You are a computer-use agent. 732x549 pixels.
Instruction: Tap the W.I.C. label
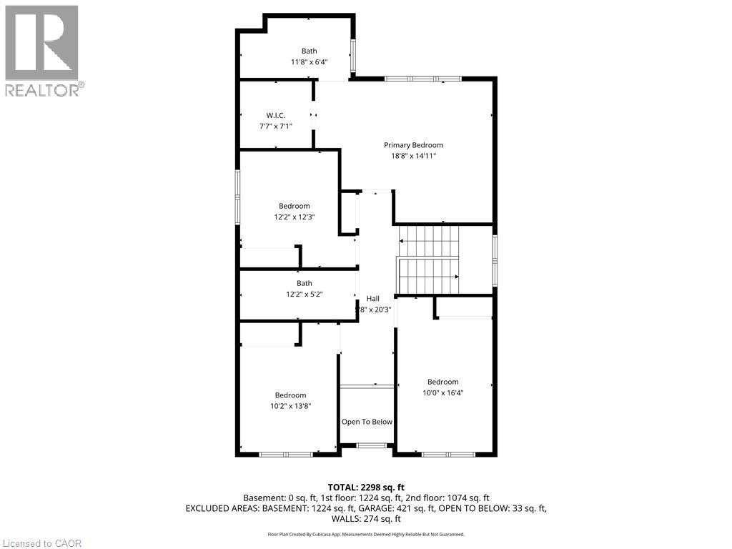tap(275, 116)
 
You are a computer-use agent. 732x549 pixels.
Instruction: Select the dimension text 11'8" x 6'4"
tap(309, 62)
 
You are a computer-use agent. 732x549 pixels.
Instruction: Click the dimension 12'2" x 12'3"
tap(294, 217)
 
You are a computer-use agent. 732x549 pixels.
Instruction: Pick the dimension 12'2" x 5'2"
tap(305, 294)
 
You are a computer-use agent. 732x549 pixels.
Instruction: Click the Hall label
tap(373, 298)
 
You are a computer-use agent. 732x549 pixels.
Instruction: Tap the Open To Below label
tap(367, 422)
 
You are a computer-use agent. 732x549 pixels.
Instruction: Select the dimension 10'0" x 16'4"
tap(442, 392)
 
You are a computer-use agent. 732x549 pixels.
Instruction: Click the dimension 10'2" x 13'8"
tap(290, 405)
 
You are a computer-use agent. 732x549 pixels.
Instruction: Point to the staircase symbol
tap(429, 260)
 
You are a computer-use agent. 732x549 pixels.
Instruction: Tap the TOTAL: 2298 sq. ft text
tap(366, 486)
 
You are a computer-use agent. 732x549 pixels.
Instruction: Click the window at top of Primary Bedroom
tap(422, 79)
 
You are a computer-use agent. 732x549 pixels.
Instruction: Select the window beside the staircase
tap(495, 260)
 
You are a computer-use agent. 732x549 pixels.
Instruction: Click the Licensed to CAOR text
tap(42, 543)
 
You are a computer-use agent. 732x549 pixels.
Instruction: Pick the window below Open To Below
tap(370, 446)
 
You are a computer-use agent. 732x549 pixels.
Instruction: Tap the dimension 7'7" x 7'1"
tap(275, 126)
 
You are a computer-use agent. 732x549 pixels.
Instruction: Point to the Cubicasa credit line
tap(366, 534)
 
